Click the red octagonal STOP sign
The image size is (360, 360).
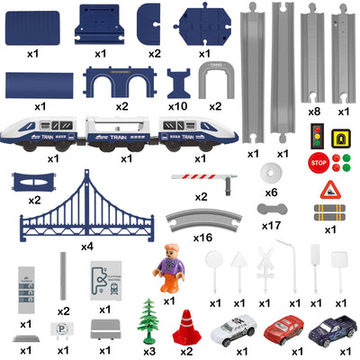pyautogui.click(x=318, y=163)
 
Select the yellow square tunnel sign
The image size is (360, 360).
pyautogui.click(x=340, y=137)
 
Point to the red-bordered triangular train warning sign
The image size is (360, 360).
pyautogui.click(x=329, y=189)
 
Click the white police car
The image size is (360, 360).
pyautogui.click(x=234, y=328)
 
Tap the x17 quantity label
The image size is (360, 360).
pyautogui.click(x=271, y=226)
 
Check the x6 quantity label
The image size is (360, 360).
pyautogui.click(x=270, y=193)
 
